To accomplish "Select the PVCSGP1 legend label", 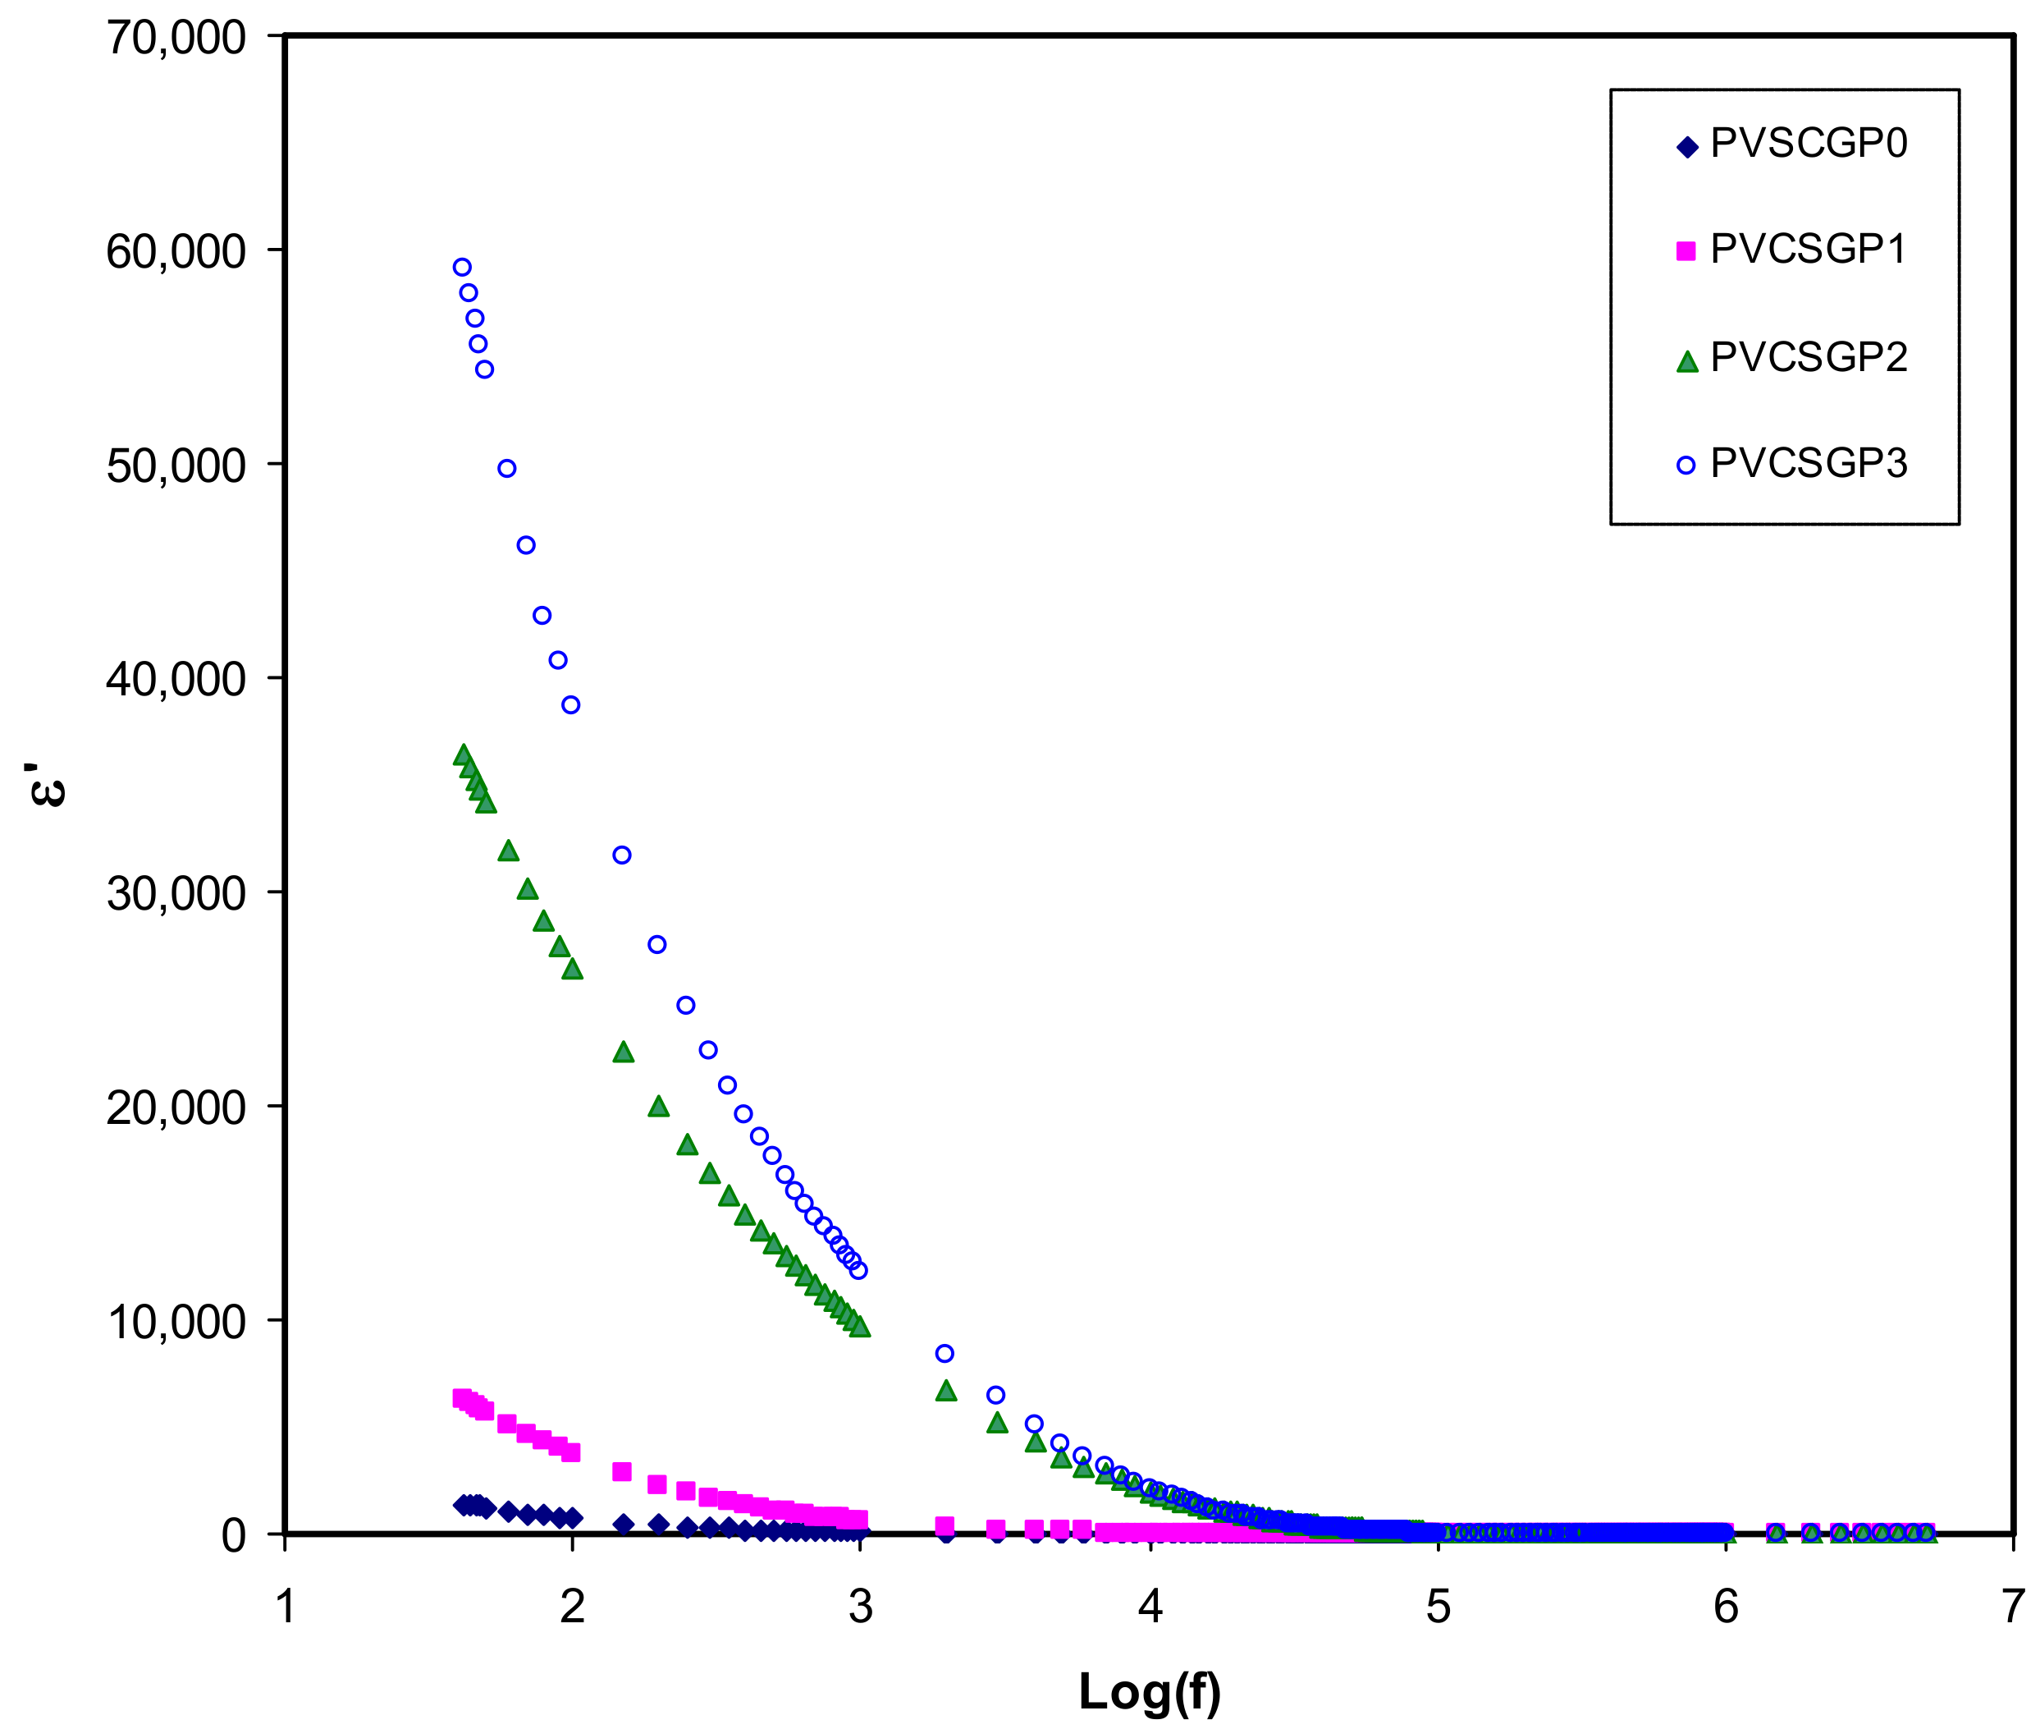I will tap(1808, 250).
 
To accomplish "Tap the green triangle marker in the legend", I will tap(1686, 362).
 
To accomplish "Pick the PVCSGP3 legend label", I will tap(1808, 464).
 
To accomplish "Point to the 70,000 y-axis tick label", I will tap(176, 39).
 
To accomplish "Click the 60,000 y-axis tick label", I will tap(176, 252).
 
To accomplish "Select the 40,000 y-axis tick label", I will tap(176, 679).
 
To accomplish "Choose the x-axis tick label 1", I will tap(285, 1607).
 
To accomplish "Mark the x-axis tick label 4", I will tap(1150, 1607).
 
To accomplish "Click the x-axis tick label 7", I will tap(2013, 1607).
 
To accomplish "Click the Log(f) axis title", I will tap(1150, 1690).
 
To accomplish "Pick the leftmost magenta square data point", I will tap(460, 1397).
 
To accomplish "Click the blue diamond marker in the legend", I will tap(1686, 148).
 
